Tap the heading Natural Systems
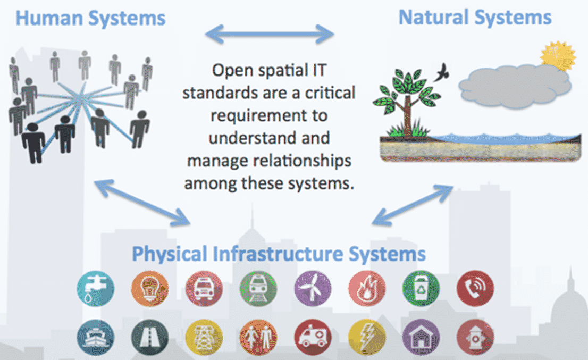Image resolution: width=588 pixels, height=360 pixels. (x=475, y=18)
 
